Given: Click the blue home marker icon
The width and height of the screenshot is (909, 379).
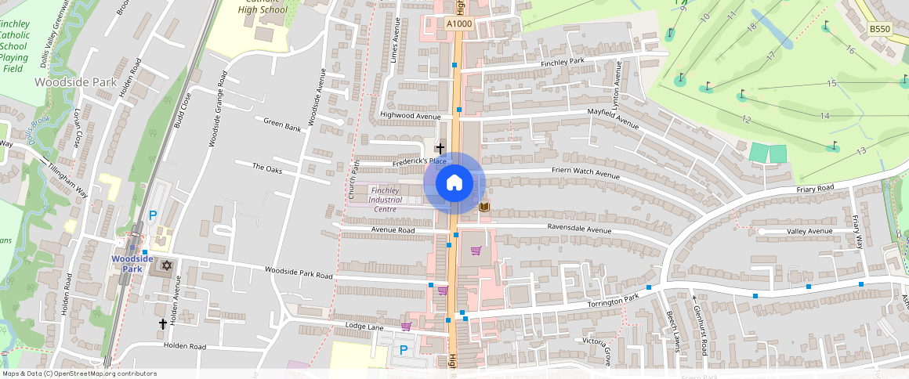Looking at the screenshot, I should coord(454,183).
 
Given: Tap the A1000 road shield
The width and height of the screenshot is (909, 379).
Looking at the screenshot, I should coord(459,24).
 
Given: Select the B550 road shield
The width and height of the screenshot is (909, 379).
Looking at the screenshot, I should coord(880,29).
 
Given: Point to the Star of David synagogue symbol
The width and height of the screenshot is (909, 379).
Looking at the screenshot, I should coord(166,265).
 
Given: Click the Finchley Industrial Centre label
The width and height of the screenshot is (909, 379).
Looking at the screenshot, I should coord(386,200).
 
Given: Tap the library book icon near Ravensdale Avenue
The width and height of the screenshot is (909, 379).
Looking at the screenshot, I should coord(484,207).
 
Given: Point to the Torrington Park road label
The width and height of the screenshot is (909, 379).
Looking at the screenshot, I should coord(614,301).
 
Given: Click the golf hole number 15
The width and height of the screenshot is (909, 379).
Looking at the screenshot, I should coord(831,83).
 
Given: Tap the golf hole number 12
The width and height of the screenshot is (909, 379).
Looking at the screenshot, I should coord(746,119).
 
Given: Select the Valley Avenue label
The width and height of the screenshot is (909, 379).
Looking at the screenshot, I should coord(809,232).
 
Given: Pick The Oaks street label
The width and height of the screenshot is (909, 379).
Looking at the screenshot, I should coord(266,168).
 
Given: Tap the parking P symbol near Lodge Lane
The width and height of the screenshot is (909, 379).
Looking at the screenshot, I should coord(404,350).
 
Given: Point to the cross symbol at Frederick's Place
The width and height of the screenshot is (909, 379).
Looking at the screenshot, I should coord(440,147).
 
